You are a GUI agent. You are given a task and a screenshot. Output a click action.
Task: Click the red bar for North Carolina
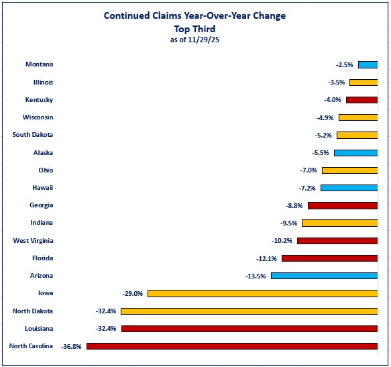click(232, 346)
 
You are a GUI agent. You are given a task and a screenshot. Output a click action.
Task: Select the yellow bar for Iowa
click(262, 293)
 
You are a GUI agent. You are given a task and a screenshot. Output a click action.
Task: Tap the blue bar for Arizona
click(324, 276)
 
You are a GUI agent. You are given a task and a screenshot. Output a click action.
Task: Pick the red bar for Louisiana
click(249, 329)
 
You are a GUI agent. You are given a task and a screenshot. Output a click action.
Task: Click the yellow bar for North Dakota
click(249, 311)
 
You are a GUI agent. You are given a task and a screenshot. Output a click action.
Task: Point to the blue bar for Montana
click(368, 64)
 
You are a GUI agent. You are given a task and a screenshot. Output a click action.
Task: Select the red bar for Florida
click(329, 258)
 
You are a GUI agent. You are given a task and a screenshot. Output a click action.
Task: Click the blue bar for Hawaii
click(349, 188)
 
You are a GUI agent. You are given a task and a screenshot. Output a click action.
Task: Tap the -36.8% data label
click(71, 346)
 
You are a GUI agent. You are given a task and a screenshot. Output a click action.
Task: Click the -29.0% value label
click(132, 293)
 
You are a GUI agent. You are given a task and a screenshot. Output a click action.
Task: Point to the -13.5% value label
click(256, 276)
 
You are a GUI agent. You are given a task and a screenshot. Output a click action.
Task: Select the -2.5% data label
click(345, 64)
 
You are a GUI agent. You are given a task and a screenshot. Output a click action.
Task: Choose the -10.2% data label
click(282, 241)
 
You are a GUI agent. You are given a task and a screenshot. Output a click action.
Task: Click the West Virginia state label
click(33, 240)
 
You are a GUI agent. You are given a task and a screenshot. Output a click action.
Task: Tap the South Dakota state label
click(33, 135)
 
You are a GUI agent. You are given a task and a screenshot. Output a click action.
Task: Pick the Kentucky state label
click(39, 99)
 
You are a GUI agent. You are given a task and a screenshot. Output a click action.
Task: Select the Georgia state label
click(41, 205)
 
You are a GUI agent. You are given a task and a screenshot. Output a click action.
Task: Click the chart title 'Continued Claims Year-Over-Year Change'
click(194, 15)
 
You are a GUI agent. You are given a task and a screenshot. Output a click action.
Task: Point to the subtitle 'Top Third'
click(194, 28)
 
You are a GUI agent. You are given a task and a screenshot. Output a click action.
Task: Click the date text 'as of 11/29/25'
click(194, 40)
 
